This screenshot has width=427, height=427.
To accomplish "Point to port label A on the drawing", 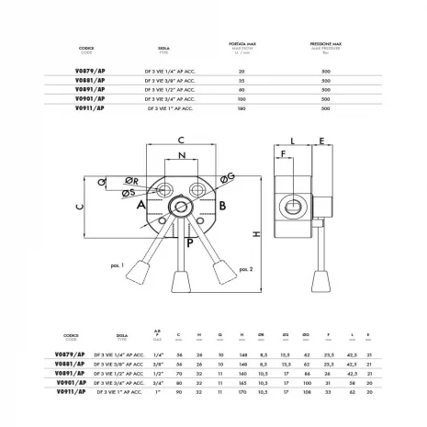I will (141, 207).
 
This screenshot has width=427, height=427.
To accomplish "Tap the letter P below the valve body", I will (188, 242).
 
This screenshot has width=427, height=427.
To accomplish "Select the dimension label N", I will (182, 156).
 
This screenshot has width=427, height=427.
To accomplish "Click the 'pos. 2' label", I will (245, 269).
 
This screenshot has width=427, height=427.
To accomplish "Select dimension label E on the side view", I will (323, 141).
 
